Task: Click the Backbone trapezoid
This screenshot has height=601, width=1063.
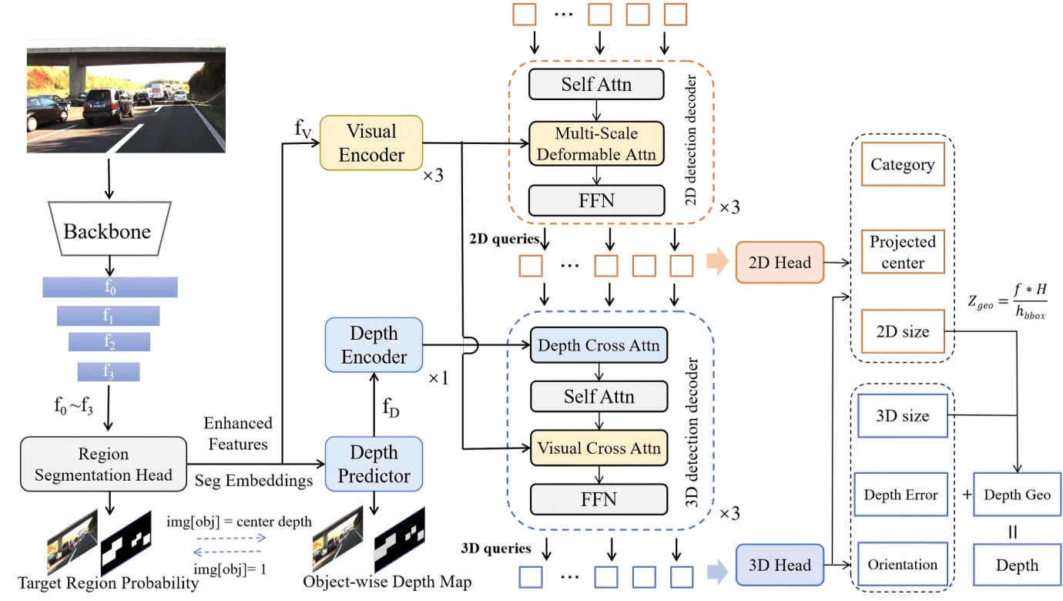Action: [108, 231]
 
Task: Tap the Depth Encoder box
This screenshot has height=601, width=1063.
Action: [374, 345]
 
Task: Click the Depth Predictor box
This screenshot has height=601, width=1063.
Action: [374, 464]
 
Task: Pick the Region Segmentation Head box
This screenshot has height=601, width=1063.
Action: [103, 465]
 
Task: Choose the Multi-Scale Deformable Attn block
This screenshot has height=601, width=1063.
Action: [597, 143]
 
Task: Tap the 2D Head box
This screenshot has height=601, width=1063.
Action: [780, 263]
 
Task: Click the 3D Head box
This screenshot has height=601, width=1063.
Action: [780, 566]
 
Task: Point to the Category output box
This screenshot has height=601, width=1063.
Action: [902, 164]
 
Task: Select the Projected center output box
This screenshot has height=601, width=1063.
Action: [902, 252]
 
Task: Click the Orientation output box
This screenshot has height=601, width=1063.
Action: [902, 565]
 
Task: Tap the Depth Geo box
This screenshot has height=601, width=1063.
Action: [1017, 495]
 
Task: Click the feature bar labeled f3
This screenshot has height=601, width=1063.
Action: [108, 371]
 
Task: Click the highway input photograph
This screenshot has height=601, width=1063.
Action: [126, 99]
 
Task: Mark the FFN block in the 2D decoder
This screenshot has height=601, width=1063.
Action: [597, 200]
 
